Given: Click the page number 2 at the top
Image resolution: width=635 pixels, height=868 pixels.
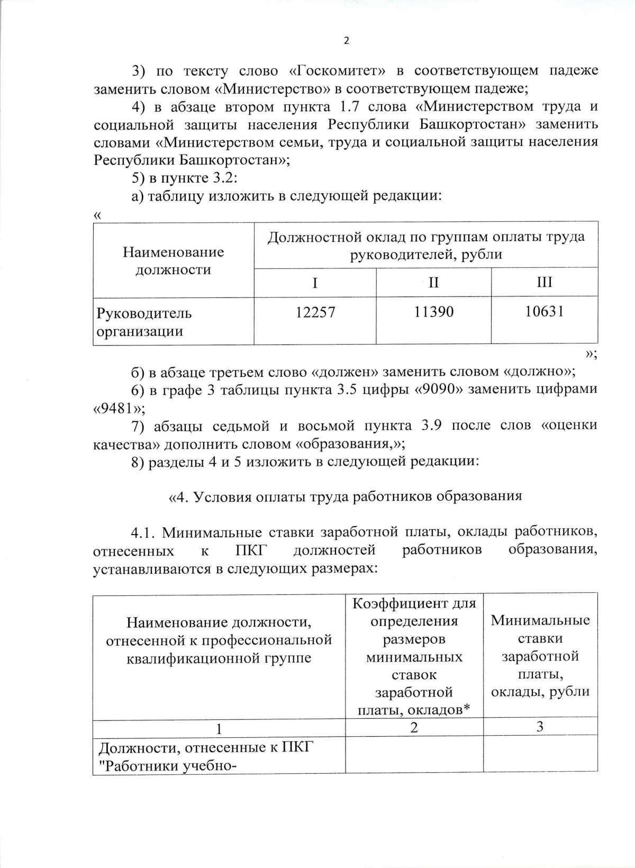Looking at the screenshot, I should point(347,41).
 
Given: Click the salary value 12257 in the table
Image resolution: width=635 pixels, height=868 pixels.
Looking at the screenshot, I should point(315,312).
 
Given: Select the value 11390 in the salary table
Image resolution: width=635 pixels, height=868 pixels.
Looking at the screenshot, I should point(434,312).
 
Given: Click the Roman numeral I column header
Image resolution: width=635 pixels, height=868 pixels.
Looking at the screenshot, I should point(315,283).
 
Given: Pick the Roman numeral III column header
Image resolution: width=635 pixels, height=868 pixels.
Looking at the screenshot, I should point(544,282).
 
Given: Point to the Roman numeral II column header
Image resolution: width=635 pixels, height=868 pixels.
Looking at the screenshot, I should point(433,283).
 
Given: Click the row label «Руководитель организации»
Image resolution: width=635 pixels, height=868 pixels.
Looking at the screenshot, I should point(144,322).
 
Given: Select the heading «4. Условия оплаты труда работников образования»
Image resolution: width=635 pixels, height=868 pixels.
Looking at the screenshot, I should point(345,496).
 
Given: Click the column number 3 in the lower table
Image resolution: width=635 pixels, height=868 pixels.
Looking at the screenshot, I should point(540,727).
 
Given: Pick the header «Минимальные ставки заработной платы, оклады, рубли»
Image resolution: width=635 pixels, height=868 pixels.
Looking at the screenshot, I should point(540,656).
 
